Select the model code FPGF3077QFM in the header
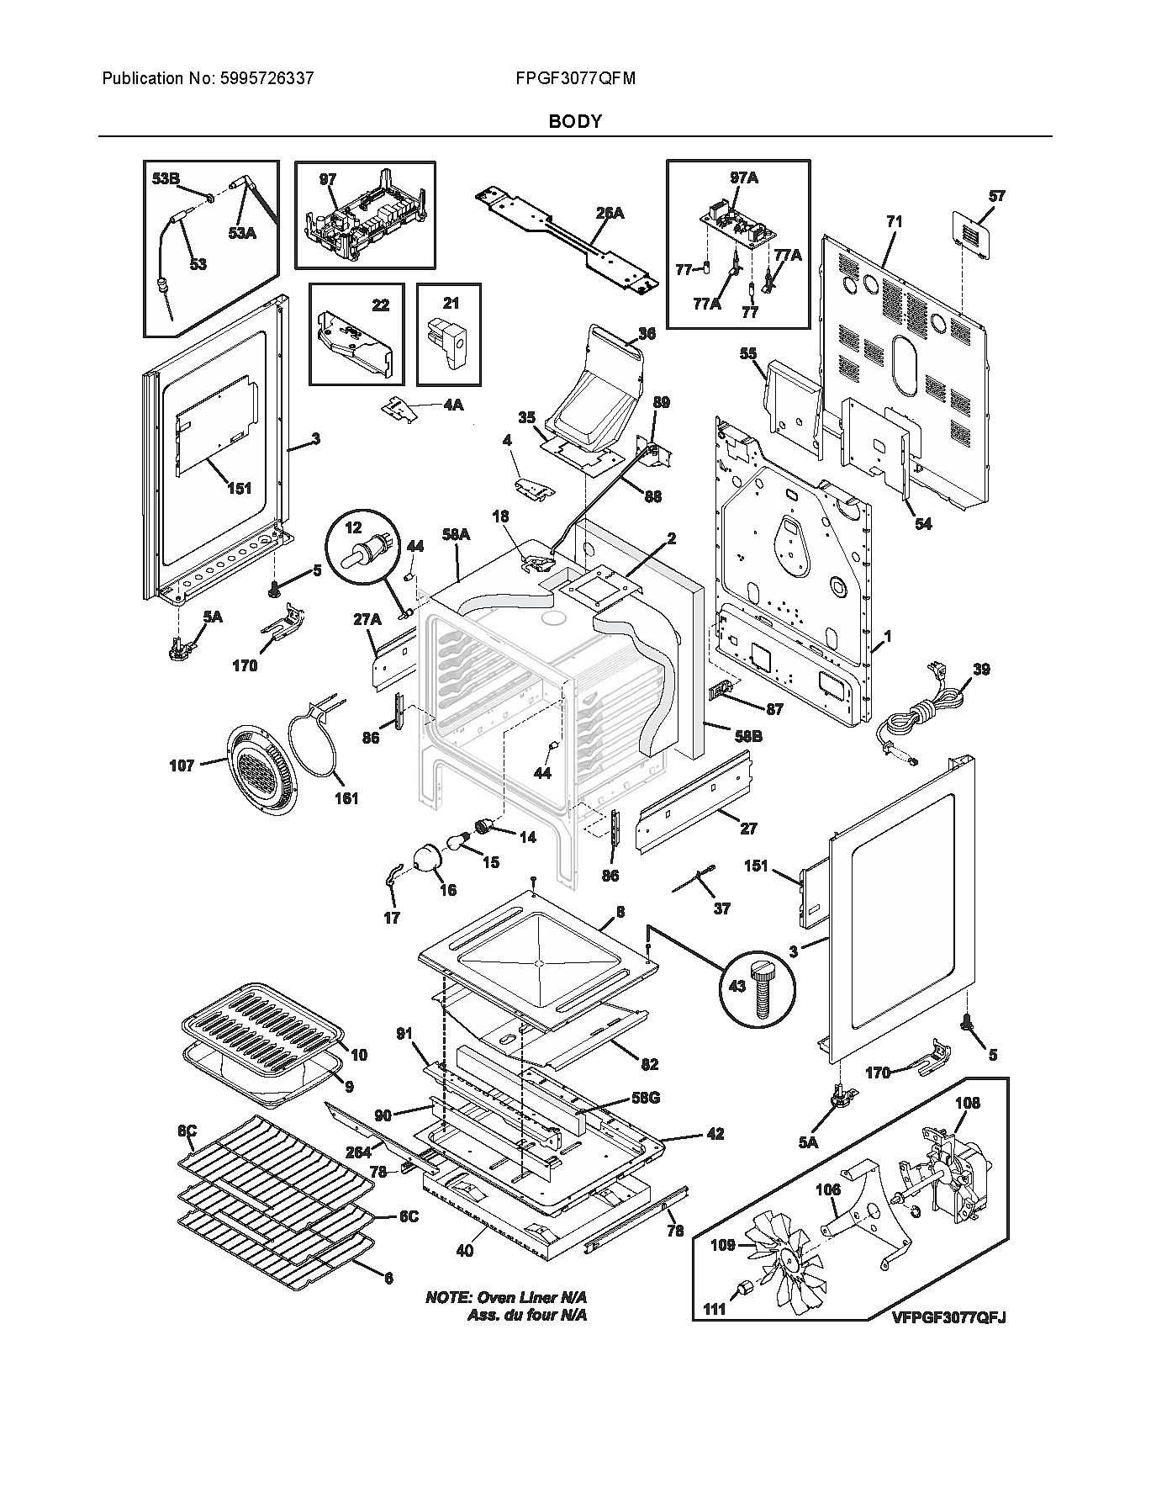pyautogui.click(x=575, y=79)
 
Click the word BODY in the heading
pyautogui.click(x=575, y=121)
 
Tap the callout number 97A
pyautogui.click(x=743, y=177)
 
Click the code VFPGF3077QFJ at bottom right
pyautogui.click(x=948, y=1317)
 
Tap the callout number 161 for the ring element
pyautogui.click(x=346, y=798)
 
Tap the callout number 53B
pyautogui.click(x=166, y=179)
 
